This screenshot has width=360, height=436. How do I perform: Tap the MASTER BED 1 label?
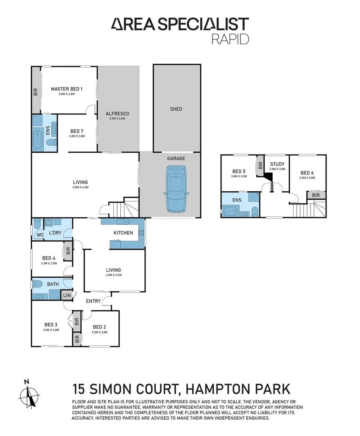[x=67, y=89]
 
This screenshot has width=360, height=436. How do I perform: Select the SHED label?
[x=176, y=109]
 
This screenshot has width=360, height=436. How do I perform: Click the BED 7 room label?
[x=78, y=131]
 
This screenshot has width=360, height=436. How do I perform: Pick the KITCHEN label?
[x=123, y=233]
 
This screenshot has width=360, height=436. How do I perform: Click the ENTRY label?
[x=93, y=301]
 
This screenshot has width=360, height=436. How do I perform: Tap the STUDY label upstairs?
[x=277, y=164]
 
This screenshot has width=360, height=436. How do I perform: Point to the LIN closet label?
[x=67, y=296]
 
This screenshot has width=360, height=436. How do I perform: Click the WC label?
[x=40, y=235]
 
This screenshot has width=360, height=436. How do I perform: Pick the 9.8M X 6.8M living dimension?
[x=80, y=187]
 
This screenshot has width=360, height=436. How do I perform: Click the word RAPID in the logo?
[x=230, y=39]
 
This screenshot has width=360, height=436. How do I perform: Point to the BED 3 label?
[x=51, y=324]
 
